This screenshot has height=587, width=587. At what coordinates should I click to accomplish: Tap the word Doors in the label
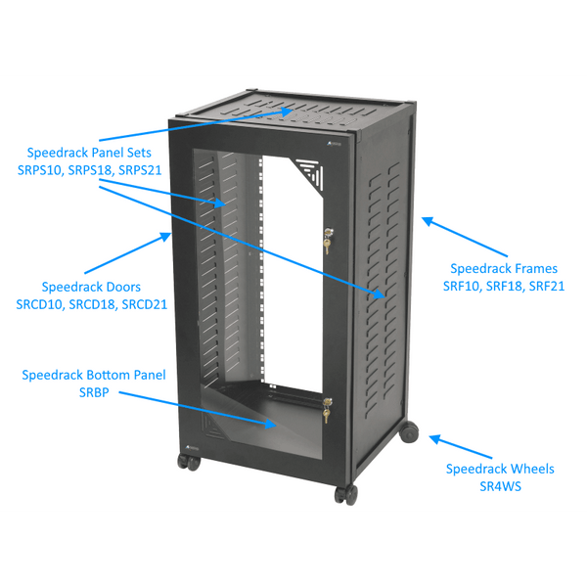click(120, 288)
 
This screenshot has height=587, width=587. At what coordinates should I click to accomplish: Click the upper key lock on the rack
click(327, 239)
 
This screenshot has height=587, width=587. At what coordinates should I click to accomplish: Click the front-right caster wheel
click(344, 494)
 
